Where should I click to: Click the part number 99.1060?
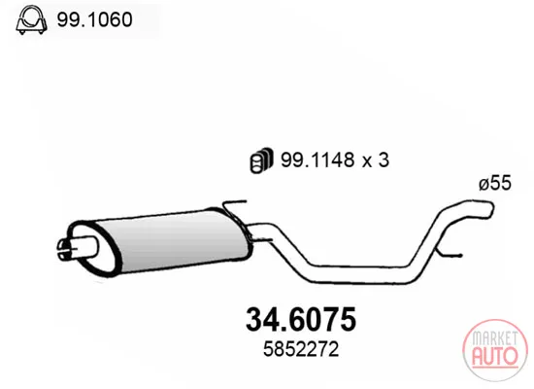point(94,19)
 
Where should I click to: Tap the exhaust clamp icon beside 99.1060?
point(31,19)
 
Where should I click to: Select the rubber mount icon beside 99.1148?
point(261,159)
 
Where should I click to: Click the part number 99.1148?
point(317,159)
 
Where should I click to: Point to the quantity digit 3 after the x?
point(384,159)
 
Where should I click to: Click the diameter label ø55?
point(495,183)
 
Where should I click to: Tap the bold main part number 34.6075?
point(301,319)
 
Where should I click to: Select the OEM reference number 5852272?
point(301,349)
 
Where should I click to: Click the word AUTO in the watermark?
point(495,355)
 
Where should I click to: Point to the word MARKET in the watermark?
point(495,338)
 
